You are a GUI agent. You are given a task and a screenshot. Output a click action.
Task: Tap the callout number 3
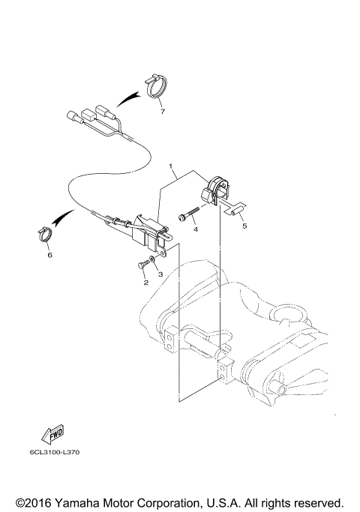[159, 275]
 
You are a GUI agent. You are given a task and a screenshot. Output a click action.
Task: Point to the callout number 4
[195, 229]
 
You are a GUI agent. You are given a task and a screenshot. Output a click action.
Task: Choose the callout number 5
[243, 224]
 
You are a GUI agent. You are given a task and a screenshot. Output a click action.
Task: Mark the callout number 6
[49, 255]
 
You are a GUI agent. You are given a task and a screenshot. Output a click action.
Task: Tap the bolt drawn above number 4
[187, 217]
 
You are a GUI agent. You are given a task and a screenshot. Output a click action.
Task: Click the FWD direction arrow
[55, 435]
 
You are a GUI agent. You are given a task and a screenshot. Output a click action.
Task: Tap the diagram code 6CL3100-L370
[55, 454]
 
